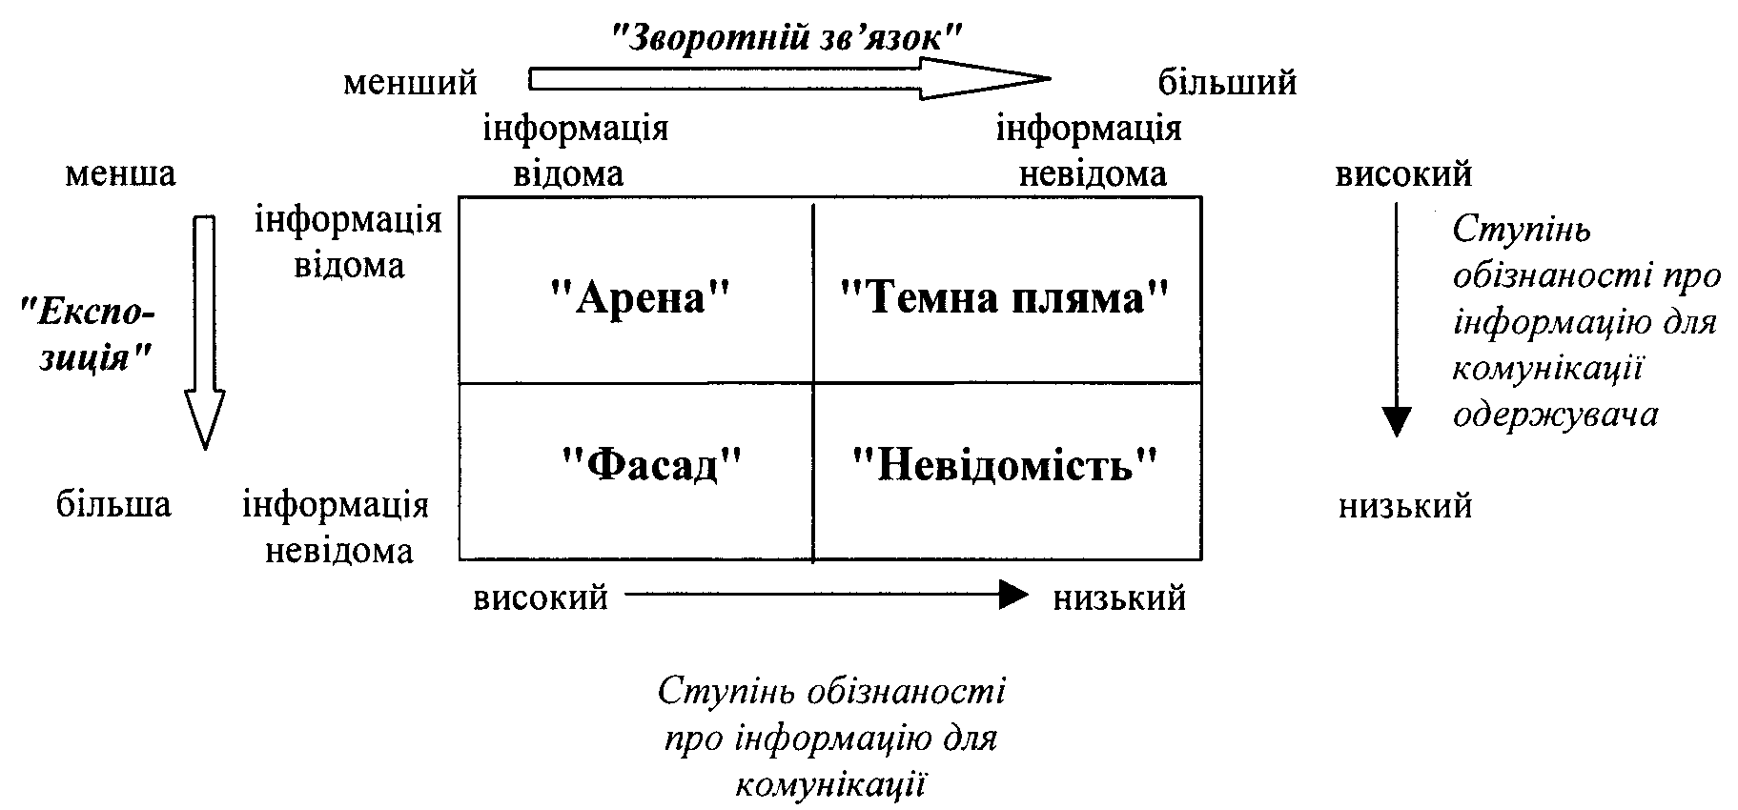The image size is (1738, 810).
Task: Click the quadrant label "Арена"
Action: pos(640,298)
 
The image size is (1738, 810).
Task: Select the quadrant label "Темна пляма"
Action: pos(1004,298)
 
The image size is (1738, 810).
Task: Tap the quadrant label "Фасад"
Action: pos(652,465)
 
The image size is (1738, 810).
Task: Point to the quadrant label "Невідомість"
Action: pos(1005,464)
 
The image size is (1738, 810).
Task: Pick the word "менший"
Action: pos(410,83)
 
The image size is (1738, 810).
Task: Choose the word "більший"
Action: pos(1227,82)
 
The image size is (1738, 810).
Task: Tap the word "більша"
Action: pos(113,502)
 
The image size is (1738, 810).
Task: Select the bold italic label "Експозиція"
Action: pos(89,334)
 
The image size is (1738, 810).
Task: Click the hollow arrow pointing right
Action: pos(789,78)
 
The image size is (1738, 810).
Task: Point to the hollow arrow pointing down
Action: pos(204,333)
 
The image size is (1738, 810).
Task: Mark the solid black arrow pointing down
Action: pos(1396,319)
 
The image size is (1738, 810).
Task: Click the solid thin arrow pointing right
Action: pos(827,596)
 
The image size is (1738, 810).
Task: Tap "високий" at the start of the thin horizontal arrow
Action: pos(541,598)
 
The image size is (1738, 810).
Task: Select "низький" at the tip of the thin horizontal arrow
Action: pos(1119,598)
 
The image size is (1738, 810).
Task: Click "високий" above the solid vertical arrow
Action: pos(1403,174)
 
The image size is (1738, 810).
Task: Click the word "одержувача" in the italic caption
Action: pos(1555,415)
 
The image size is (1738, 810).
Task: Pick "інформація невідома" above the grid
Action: pos(1090,152)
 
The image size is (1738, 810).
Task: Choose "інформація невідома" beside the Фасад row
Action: pos(337,527)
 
